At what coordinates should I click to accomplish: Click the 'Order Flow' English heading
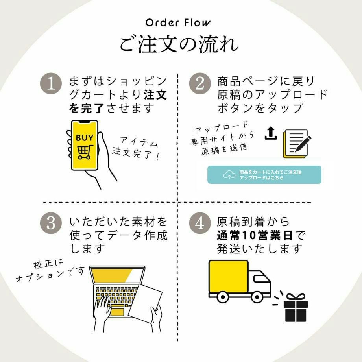(178, 22)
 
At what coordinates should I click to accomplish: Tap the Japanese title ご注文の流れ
(179, 44)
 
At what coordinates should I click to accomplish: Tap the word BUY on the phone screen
(85, 138)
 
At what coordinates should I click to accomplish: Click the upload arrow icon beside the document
(270, 134)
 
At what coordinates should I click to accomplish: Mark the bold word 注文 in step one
(155, 95)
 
